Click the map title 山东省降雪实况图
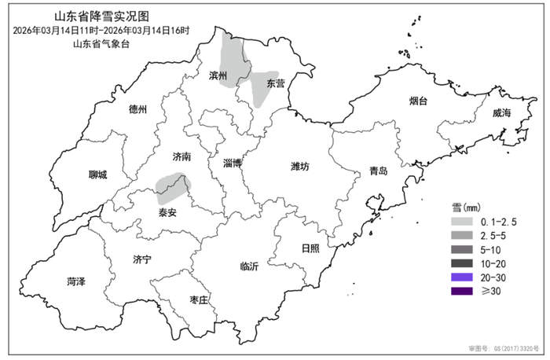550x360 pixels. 101,17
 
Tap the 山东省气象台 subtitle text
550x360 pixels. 101,43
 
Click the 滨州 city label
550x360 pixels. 218,76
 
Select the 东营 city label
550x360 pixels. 275,83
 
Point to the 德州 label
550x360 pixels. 137,109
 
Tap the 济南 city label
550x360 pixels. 181,156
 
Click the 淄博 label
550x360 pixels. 232,163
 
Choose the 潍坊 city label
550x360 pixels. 300,166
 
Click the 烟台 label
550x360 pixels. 419,101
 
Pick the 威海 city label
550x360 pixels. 502,112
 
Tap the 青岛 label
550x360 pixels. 379,171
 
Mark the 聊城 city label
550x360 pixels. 97,174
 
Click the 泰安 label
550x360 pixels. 167,212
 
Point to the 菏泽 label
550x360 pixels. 76,281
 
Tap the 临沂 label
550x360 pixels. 249,266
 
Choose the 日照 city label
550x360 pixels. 310,248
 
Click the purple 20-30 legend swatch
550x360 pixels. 461,277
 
